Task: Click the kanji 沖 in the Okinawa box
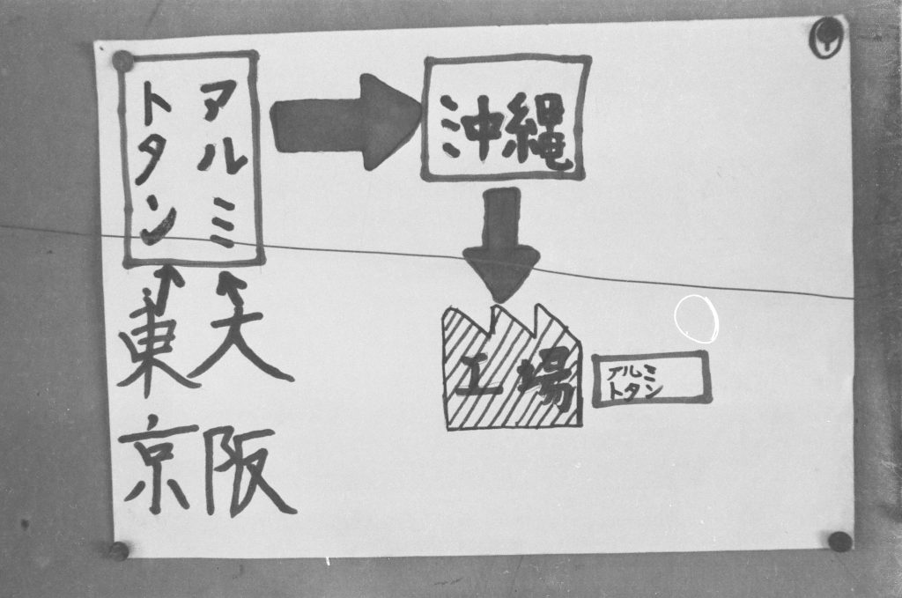pos(469,128)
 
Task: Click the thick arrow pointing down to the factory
pos(501,244)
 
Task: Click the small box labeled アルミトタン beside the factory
pos(652,380)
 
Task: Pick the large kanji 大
pos(241,334)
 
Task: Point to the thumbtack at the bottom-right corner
pos(839,542)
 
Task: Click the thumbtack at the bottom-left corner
pos(119,550)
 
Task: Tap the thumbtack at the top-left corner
pos(122,61)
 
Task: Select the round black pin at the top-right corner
pos(827,37)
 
